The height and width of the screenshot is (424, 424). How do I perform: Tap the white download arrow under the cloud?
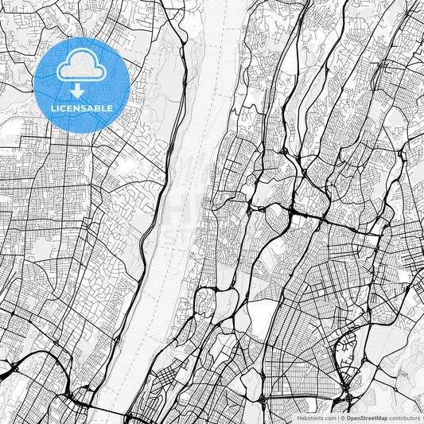pos(82,90)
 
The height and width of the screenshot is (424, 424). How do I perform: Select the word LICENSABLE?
pos(82,107)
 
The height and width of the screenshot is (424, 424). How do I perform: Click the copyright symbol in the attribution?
pos(343,417)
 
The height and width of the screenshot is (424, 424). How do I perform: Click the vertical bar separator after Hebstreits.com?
pos(338,417)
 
